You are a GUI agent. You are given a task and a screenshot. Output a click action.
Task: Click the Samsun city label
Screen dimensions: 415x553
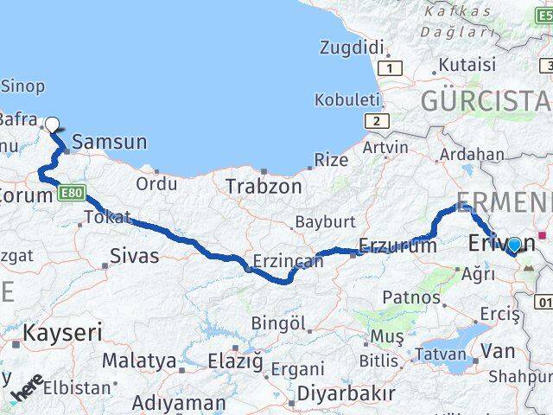point(110,142)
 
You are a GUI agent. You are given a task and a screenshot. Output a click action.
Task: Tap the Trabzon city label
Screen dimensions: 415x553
point(264,186)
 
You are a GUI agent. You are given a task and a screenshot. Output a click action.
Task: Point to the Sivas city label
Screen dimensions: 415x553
point(135,255)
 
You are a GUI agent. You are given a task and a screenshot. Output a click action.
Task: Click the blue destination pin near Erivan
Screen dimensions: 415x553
point(514,246)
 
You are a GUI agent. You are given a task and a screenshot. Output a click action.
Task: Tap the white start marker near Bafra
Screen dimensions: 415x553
point(53,124)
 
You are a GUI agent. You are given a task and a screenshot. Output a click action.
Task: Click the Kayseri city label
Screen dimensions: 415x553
point(62,333)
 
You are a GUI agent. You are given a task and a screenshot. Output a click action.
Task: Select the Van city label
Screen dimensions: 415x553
point(498,351)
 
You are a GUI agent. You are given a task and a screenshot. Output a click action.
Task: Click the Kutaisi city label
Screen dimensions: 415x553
point(467,65)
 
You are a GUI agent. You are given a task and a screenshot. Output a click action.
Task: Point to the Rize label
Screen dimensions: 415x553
point(331,160)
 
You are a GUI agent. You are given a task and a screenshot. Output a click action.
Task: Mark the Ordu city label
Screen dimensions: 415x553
point(156,183)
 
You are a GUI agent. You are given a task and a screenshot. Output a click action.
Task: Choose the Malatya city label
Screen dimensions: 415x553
point(139,360)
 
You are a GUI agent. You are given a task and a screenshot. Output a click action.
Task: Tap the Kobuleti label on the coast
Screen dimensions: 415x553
point(347,99)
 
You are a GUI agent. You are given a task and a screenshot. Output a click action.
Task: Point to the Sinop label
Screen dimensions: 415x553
point(22,86)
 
